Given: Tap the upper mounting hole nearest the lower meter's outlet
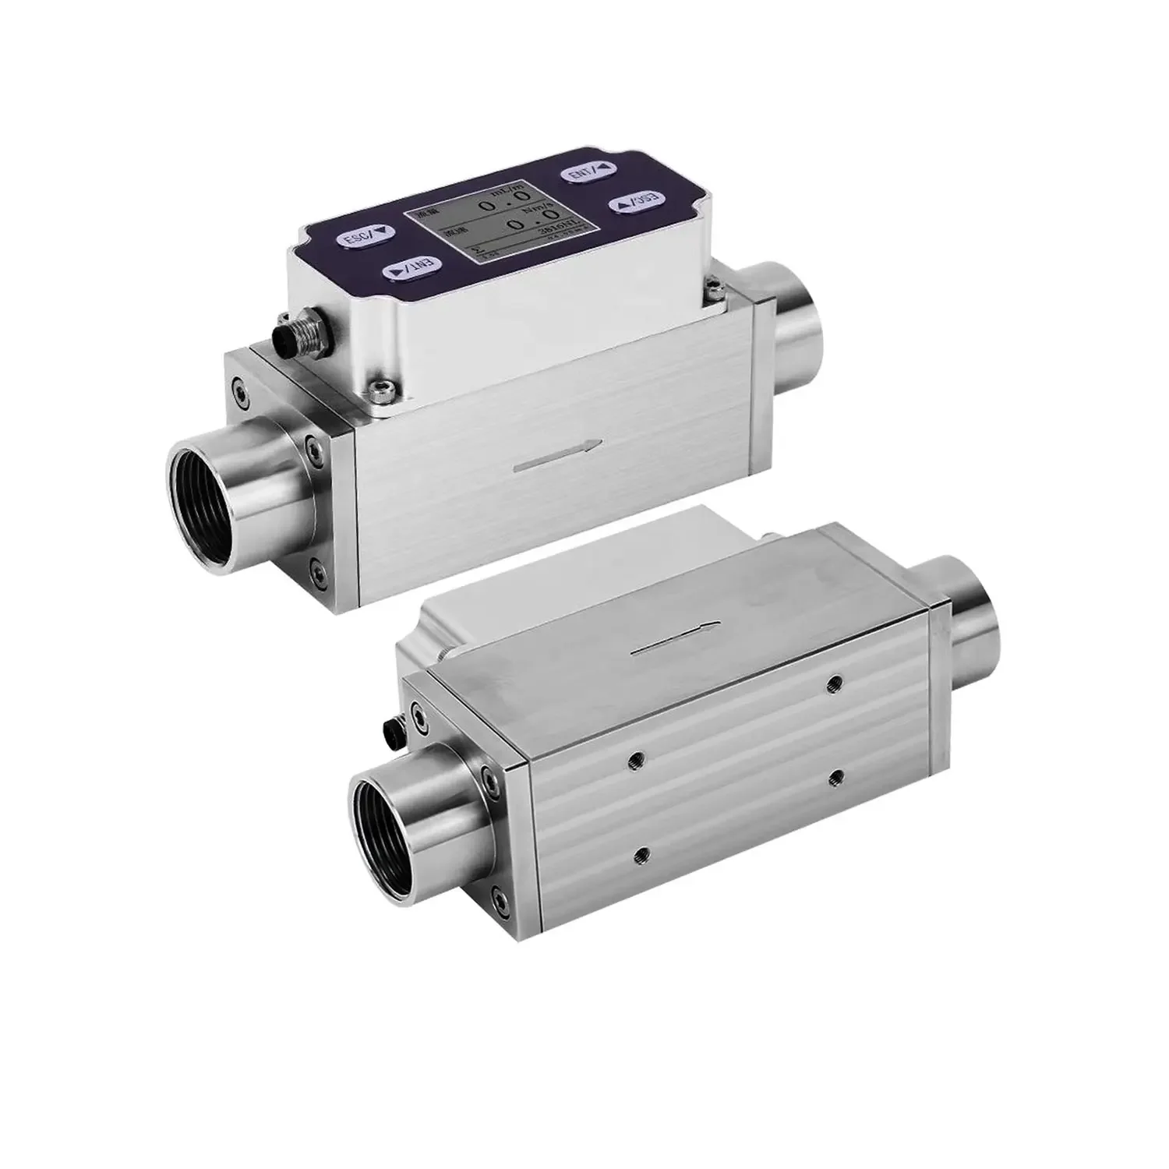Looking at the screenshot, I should click(x=835, y=683).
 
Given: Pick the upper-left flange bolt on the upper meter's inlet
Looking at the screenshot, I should click(x=235, y=387).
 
